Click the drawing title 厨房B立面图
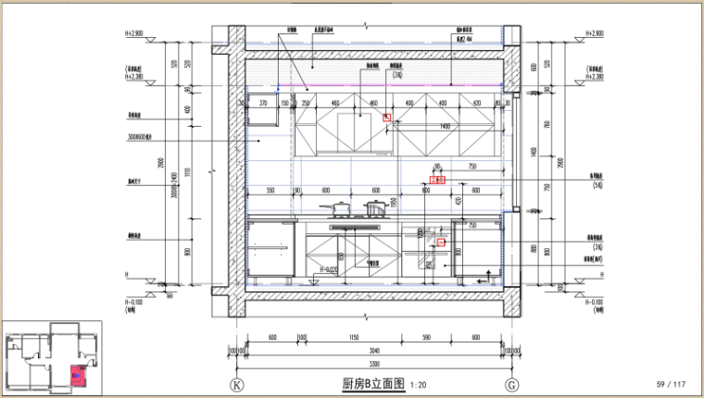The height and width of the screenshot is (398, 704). [x=373, y=383]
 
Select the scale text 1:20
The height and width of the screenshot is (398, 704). [x=417, y=384]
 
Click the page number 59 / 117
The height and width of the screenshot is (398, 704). [x=670, y=384]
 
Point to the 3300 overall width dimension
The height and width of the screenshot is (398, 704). [x=373, y=364]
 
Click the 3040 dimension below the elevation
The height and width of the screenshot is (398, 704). [x=373, y=352]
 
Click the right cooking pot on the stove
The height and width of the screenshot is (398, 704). [x=375, y=207]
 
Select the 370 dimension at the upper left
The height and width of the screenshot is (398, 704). [x=263, y=103]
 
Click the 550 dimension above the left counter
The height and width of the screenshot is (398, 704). [x=270, y=190]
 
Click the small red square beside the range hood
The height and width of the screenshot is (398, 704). [x=387, y=118]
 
